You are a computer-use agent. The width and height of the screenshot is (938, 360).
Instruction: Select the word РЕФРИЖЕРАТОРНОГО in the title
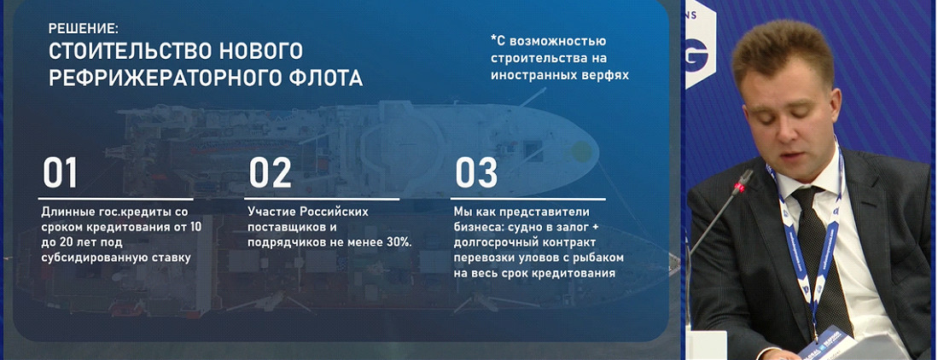159,78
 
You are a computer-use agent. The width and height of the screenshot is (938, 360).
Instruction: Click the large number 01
60,172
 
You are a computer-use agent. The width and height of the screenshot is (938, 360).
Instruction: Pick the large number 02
270,172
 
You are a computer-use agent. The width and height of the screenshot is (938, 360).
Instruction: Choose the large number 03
476,172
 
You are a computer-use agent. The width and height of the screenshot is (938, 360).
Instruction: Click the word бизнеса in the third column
476,227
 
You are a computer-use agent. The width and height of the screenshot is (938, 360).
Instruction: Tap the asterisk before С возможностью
493,39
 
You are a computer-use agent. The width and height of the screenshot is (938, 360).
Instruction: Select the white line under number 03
528,199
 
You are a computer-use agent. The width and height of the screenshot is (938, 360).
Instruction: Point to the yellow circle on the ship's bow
581,151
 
